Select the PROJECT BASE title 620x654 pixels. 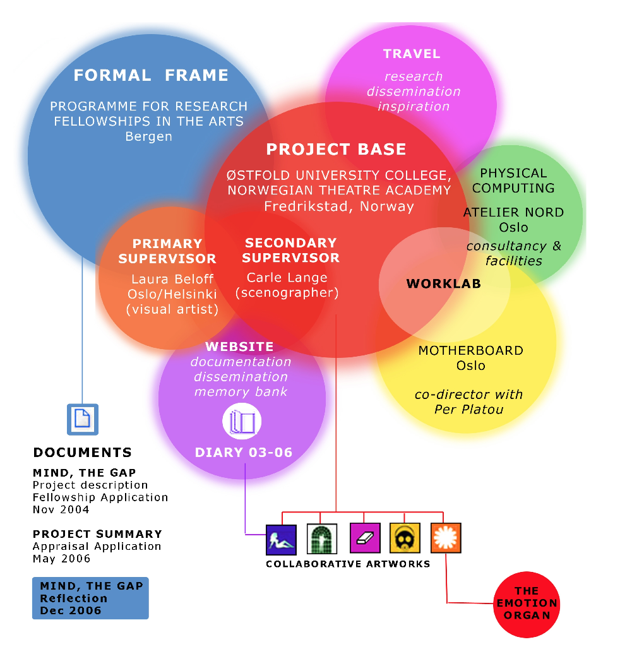(336, 150)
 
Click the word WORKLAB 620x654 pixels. (443, 283)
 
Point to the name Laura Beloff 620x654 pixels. (172, 278)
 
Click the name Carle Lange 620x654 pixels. (287, 278)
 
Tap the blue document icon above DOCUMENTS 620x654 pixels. (83, 419)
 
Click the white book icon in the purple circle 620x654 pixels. (242, 421)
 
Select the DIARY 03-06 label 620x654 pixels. (243, 452)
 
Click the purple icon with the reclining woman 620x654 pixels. (281, 538)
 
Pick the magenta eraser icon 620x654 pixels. (365, 538)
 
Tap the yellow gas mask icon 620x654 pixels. (405, 538)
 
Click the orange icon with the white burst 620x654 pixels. (446, 538)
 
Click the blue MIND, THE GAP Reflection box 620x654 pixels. (90, 598)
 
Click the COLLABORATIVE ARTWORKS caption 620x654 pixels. (348, 564)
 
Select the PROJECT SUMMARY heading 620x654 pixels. (97, 534)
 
